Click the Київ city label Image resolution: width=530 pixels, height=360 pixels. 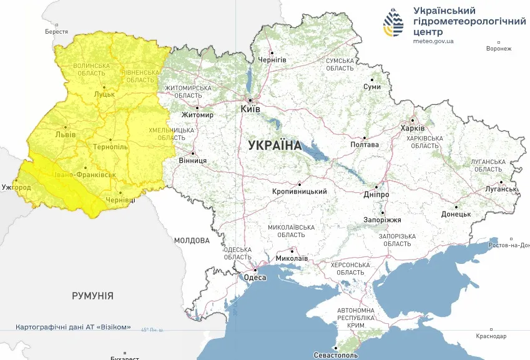coord(250,109)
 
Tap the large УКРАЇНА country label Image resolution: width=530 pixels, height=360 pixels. coord(275,145)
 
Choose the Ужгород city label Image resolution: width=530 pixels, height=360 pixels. coord(16,187)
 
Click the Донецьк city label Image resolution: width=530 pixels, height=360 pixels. coord(456,214)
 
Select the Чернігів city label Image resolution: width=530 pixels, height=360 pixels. coord(272,59)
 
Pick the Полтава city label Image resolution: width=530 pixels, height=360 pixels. coord(365,145)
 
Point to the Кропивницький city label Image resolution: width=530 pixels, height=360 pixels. coord(300,192)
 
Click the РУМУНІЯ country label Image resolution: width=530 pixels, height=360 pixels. coord(92,296)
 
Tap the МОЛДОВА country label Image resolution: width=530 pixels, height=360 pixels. coord(192,240)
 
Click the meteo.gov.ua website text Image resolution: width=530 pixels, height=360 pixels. coord(433,41)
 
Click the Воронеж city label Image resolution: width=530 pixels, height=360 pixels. coord(499,49)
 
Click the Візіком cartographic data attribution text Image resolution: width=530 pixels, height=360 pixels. coord(73,327)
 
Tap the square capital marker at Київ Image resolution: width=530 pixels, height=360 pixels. coord(250,100)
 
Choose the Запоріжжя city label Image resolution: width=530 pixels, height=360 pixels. coord(383,220)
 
